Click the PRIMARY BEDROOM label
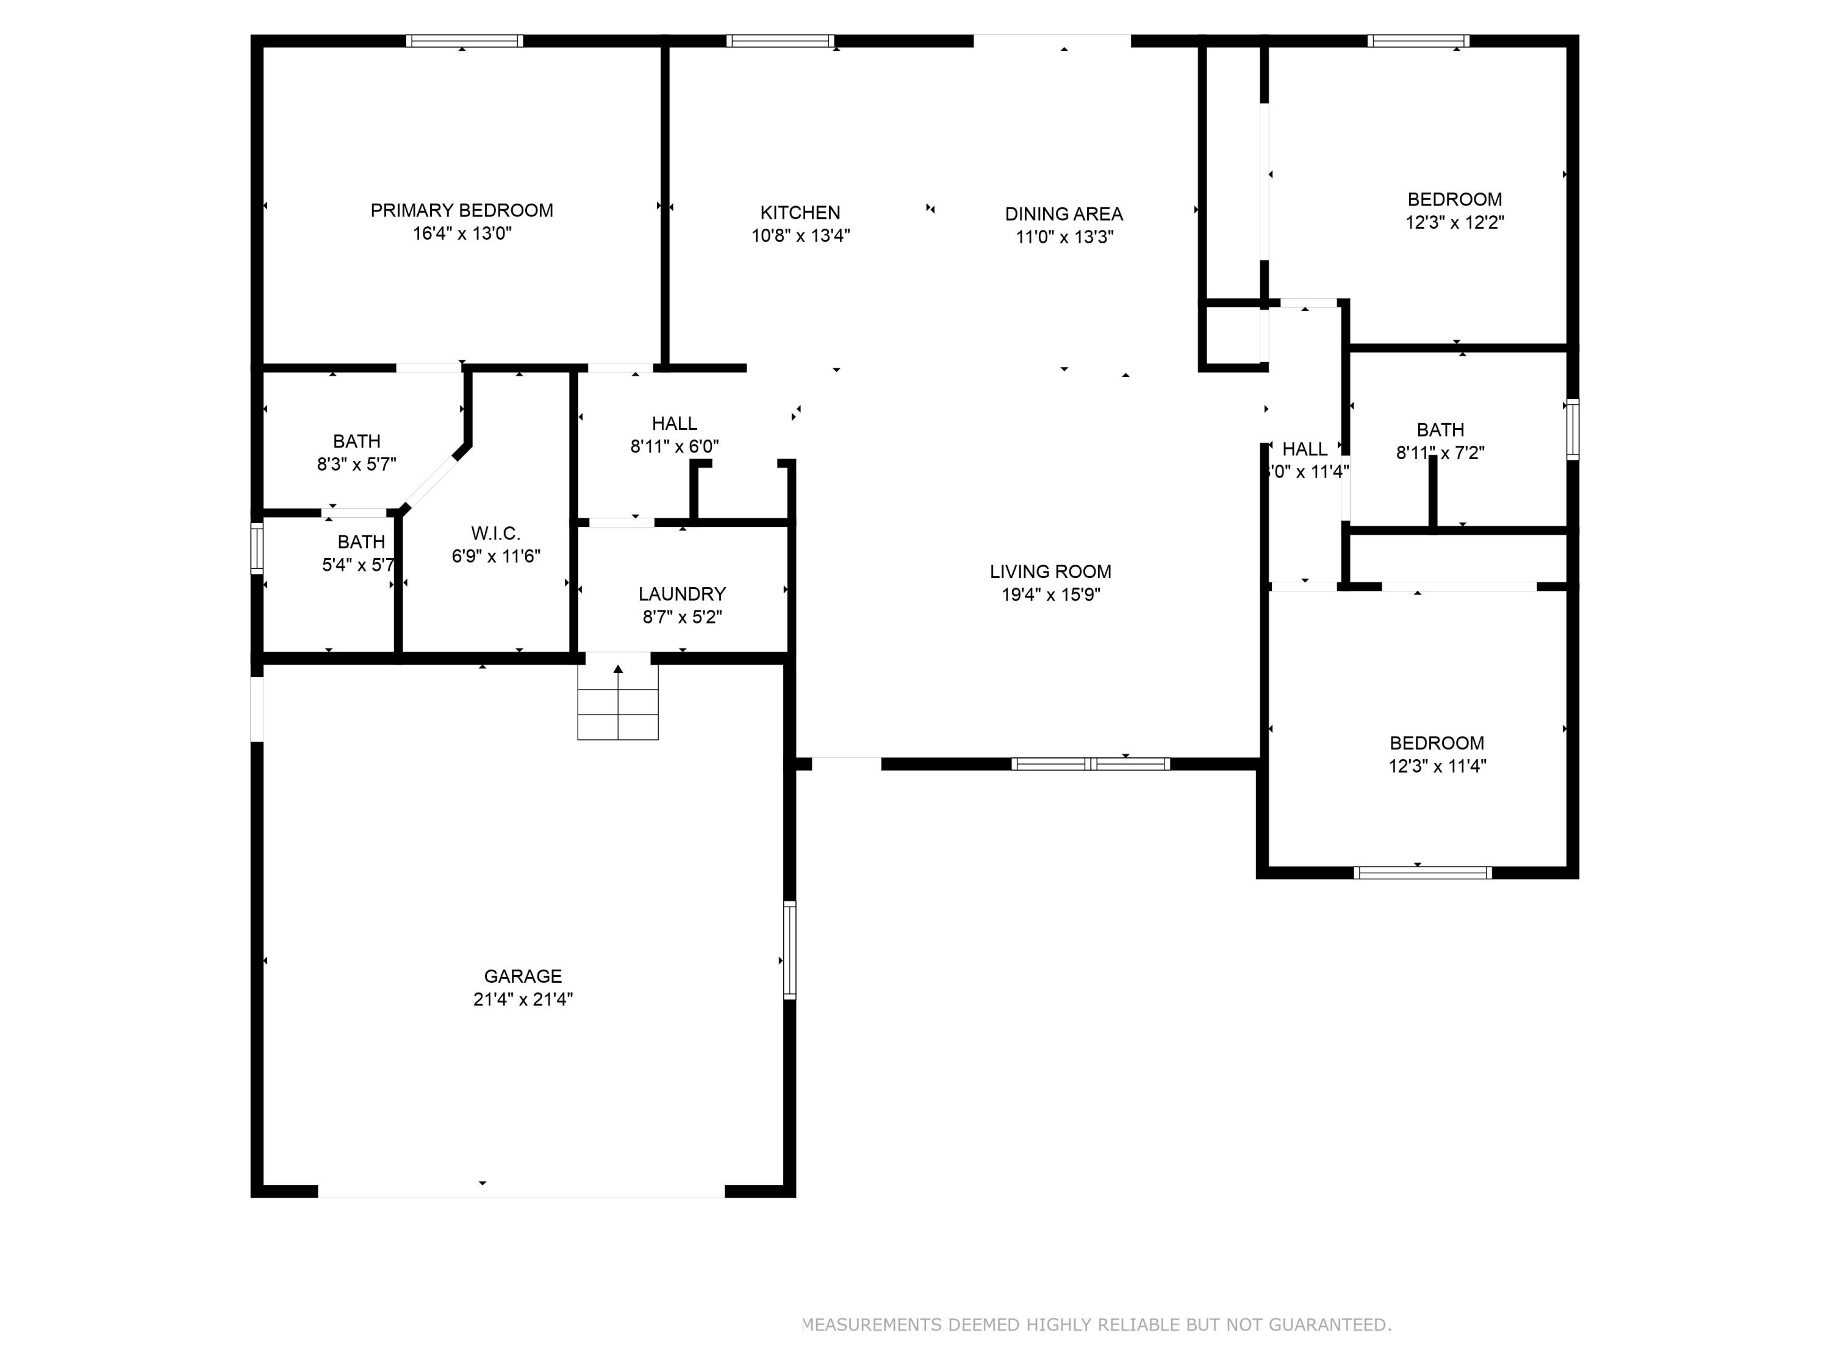click(x=462, y=210)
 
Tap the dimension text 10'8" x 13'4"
click(x=800, y=236)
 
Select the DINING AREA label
click(x=1063, y=214)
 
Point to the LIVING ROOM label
click(x=1050, y=571)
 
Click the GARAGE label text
click(x=523, y=976)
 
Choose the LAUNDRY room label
click(x=682, y=594)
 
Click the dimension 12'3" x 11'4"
click(x=1437, y=766)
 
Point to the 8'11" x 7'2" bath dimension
click(x=1440, y=452)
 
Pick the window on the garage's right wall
click(x=789, y=949)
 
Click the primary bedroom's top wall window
click(x=464, y=40)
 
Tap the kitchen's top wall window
click(x=780, y=40)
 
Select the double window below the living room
click(x=1091, y=763)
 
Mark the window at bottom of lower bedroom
click(x=1422, y=871)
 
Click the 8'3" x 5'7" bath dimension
click(x=357, y=464)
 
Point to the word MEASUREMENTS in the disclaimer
click(x=872, y=1324)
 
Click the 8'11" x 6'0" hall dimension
click(x=674, y=446)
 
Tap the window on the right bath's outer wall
click(x=1573, y=429)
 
